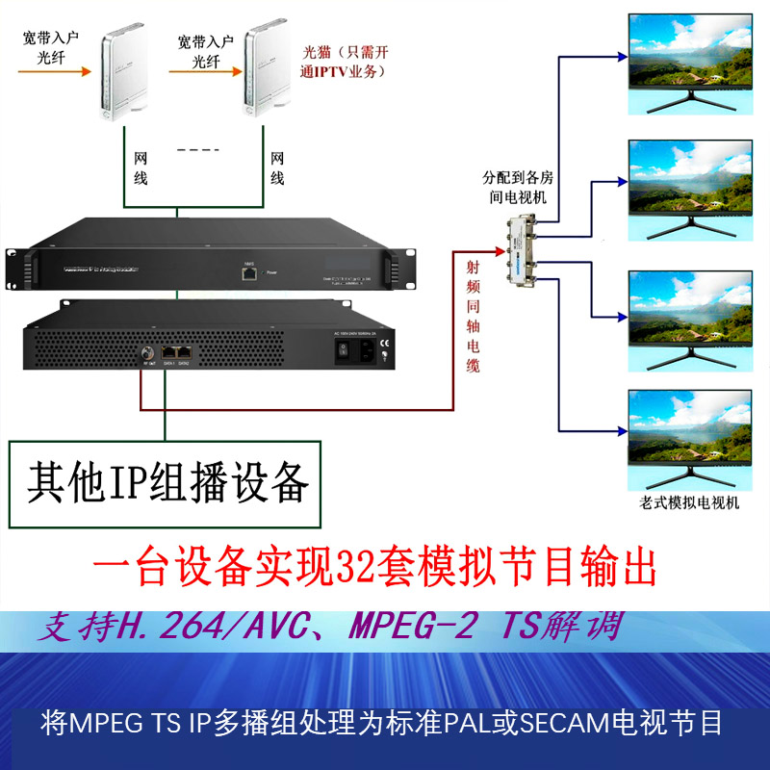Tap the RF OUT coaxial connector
[148, 351]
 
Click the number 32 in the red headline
[354, 568]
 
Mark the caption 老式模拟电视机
[688, 503]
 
